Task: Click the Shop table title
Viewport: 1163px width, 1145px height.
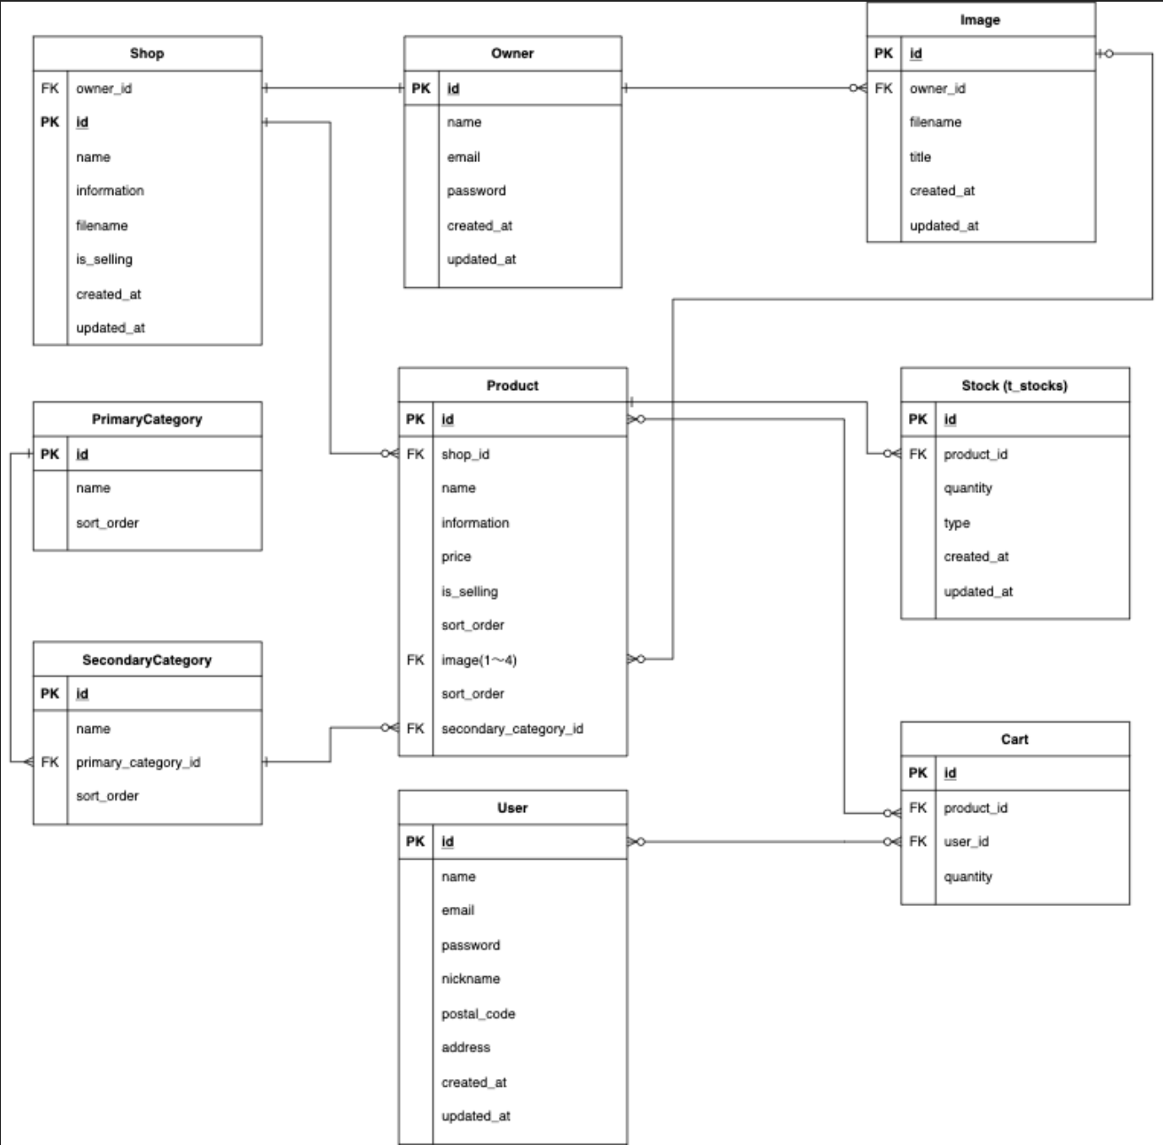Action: [147, 53]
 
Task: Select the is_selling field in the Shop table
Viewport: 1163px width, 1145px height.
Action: [104, 259]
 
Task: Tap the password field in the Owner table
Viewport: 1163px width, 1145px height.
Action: [476, 191]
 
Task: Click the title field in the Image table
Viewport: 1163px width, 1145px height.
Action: [920, 157]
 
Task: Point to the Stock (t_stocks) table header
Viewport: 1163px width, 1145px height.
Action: [1014, 385]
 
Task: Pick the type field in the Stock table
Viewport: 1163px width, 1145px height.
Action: [956, 523]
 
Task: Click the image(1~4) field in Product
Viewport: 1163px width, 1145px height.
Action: [479, 659]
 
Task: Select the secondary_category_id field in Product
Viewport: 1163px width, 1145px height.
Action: [511, 728]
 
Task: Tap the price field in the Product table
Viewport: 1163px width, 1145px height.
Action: [456, 556]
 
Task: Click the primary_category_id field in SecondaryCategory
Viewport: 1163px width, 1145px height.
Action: [138, 762]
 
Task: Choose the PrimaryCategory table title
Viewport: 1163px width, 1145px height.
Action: [147, 419]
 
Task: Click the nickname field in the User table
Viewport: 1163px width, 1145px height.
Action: [470, 979]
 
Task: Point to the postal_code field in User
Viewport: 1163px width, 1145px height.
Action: [478, 1013]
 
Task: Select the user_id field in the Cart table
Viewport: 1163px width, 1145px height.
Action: [966, 841]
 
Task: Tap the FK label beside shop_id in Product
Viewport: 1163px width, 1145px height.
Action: [415, 453]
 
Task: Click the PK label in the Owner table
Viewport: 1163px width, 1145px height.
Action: [420, 88]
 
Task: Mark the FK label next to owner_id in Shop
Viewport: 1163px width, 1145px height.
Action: [50, 88]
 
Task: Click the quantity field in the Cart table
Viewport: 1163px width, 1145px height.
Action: [967, 876]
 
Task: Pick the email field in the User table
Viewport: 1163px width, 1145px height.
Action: [457, 910]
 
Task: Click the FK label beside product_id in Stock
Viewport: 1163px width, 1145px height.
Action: [917, 453]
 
